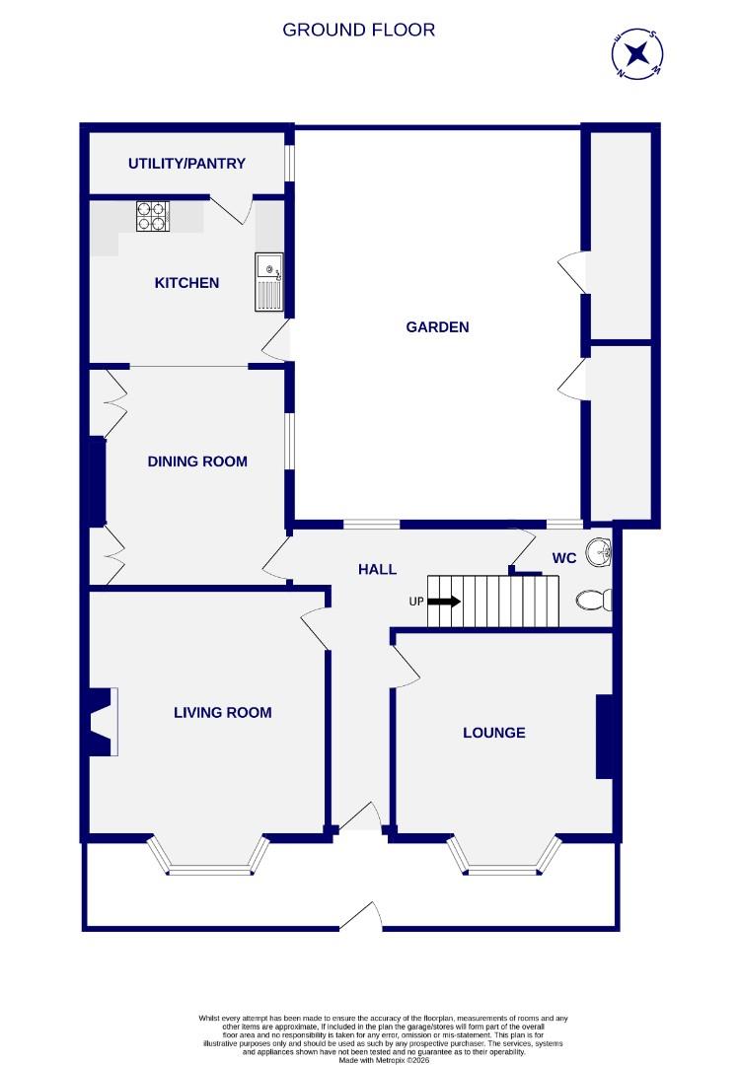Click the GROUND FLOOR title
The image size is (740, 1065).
358,30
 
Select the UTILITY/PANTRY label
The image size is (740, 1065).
186,164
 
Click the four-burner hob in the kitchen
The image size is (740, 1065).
152,216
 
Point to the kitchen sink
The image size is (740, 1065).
268,281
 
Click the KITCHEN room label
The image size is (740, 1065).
186,283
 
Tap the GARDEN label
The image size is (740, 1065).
437,327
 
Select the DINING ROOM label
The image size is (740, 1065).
197,461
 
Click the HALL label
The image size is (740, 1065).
377,569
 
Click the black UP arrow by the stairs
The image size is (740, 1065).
445,602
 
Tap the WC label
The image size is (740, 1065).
563,558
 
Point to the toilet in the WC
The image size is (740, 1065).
594,600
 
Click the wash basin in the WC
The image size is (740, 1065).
599,552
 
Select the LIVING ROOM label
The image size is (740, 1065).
222,713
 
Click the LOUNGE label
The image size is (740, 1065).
494,733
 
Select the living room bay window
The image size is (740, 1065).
216,860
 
